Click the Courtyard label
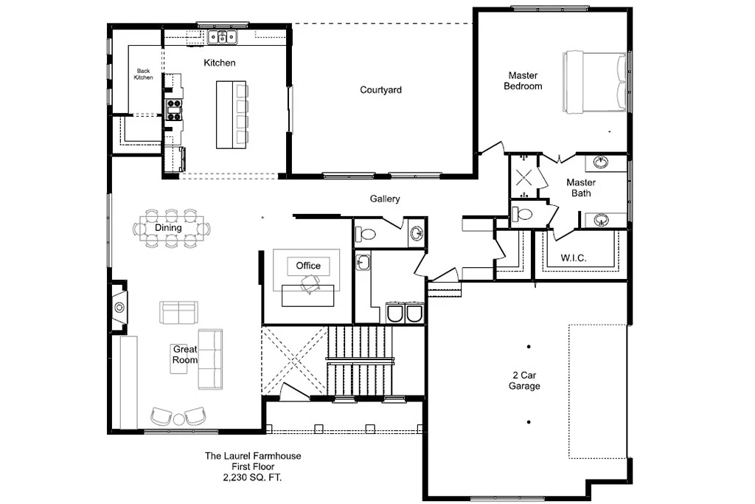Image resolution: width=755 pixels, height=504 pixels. point(380,89)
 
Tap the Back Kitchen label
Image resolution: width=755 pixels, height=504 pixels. point(144,75)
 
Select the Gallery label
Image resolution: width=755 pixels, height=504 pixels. point(385,199)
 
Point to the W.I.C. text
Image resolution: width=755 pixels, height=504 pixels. point(574,258)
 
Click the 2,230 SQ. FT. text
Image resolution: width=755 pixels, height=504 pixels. point(252,478)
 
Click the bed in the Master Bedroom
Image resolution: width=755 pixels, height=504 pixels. point(595,82)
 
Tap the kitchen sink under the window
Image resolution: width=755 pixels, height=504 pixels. point(223,37)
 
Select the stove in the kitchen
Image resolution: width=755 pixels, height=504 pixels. point(174,109)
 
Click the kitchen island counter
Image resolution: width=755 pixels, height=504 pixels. point(224,114)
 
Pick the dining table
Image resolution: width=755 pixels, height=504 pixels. point(171,229)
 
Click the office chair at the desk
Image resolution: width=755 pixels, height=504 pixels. point(311,284)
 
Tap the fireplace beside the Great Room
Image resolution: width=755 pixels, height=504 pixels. point(119,306)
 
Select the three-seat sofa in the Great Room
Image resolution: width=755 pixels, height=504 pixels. point(210,359)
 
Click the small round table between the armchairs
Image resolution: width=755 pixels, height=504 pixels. point(178,419)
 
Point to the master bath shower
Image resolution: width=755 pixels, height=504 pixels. point(524,176)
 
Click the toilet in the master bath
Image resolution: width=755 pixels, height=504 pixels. point(521,213)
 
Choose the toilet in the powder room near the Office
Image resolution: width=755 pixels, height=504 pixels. point(366,235)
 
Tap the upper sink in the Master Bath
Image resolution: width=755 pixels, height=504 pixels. point(600,162)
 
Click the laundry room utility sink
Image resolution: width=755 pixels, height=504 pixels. point(363,263)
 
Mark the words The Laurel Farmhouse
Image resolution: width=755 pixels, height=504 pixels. point(253,456)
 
